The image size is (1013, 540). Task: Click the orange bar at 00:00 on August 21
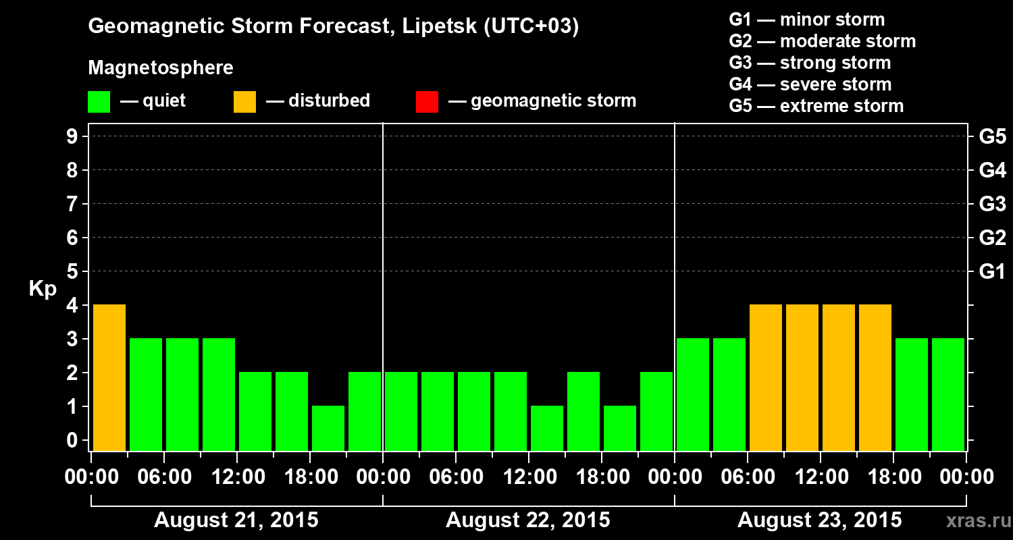(x=109, y=377)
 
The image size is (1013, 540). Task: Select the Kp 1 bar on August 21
(x=328, y=428)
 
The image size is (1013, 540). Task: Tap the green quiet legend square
(x=99, y=102)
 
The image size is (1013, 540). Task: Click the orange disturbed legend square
(x=244, y=102)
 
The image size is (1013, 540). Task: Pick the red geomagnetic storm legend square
(x=427, y=102)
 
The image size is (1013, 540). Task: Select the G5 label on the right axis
(x=992, y=136)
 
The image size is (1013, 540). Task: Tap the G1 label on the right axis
(x=992, y=271)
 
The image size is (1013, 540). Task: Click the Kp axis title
(x=43, y=289)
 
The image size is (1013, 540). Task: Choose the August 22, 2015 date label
(x=527, y=520)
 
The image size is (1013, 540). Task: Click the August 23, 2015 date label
(x=819, y=520)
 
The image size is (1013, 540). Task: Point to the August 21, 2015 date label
(x=236, y=520)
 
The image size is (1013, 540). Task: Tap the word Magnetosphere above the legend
(x=161, y=68)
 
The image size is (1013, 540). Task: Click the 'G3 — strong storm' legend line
(x=810, y=63)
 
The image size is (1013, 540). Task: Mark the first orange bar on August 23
(x=766, y=377)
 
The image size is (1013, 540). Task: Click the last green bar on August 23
(x=948, y=394)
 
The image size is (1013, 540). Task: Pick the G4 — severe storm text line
(x=810, y=84)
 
